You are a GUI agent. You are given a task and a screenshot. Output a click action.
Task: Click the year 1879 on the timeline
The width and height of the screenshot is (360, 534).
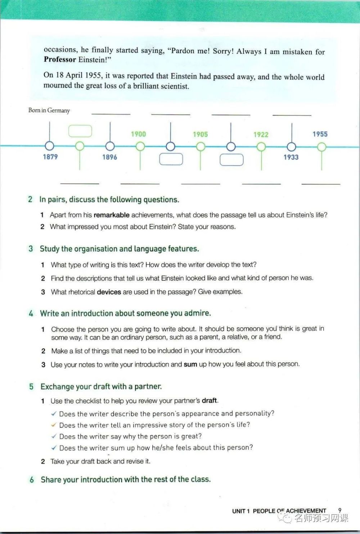coord(50,157)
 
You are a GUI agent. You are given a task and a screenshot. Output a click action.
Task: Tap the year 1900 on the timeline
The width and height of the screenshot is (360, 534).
coord(138,134)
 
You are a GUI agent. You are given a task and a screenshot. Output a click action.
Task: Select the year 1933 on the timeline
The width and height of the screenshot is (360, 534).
coord(291,157)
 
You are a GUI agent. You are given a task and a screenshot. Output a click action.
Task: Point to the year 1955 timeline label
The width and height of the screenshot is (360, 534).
coord(320,134)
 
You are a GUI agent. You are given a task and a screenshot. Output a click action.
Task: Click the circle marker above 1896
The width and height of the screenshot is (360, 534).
coord(110,146)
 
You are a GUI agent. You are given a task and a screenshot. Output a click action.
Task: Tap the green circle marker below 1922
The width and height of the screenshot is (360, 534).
coord(261,147)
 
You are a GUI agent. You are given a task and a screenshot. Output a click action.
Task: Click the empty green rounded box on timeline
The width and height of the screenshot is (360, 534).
coord(80,131)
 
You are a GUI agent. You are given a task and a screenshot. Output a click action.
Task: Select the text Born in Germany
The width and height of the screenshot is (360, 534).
coord(49,110)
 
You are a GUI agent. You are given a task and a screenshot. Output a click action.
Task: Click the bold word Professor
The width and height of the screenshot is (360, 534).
coord(60,59)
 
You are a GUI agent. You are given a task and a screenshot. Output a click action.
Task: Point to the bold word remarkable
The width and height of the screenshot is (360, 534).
coord(111,215)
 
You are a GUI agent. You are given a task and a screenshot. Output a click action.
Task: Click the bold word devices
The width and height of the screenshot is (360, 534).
coord(109,292)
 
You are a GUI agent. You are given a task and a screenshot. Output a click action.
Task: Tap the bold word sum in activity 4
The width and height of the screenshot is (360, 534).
coord(190,364)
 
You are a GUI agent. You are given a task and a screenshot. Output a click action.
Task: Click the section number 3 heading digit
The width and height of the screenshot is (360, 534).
coord(31,249)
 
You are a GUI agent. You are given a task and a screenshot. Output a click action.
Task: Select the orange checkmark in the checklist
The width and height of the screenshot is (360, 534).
coord(54,425)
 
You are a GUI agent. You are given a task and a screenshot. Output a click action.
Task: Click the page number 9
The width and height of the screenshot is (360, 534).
coord(339,510)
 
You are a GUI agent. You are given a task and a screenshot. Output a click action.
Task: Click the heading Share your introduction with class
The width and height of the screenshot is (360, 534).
coord(125,479)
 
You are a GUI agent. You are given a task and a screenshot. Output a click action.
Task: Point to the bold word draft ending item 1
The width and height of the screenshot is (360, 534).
coord(209,400)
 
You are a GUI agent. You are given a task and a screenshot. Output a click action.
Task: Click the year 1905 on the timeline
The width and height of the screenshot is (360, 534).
coord(200,134)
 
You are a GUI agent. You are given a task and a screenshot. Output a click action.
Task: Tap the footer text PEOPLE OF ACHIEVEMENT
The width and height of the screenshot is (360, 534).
coord(289,511)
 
